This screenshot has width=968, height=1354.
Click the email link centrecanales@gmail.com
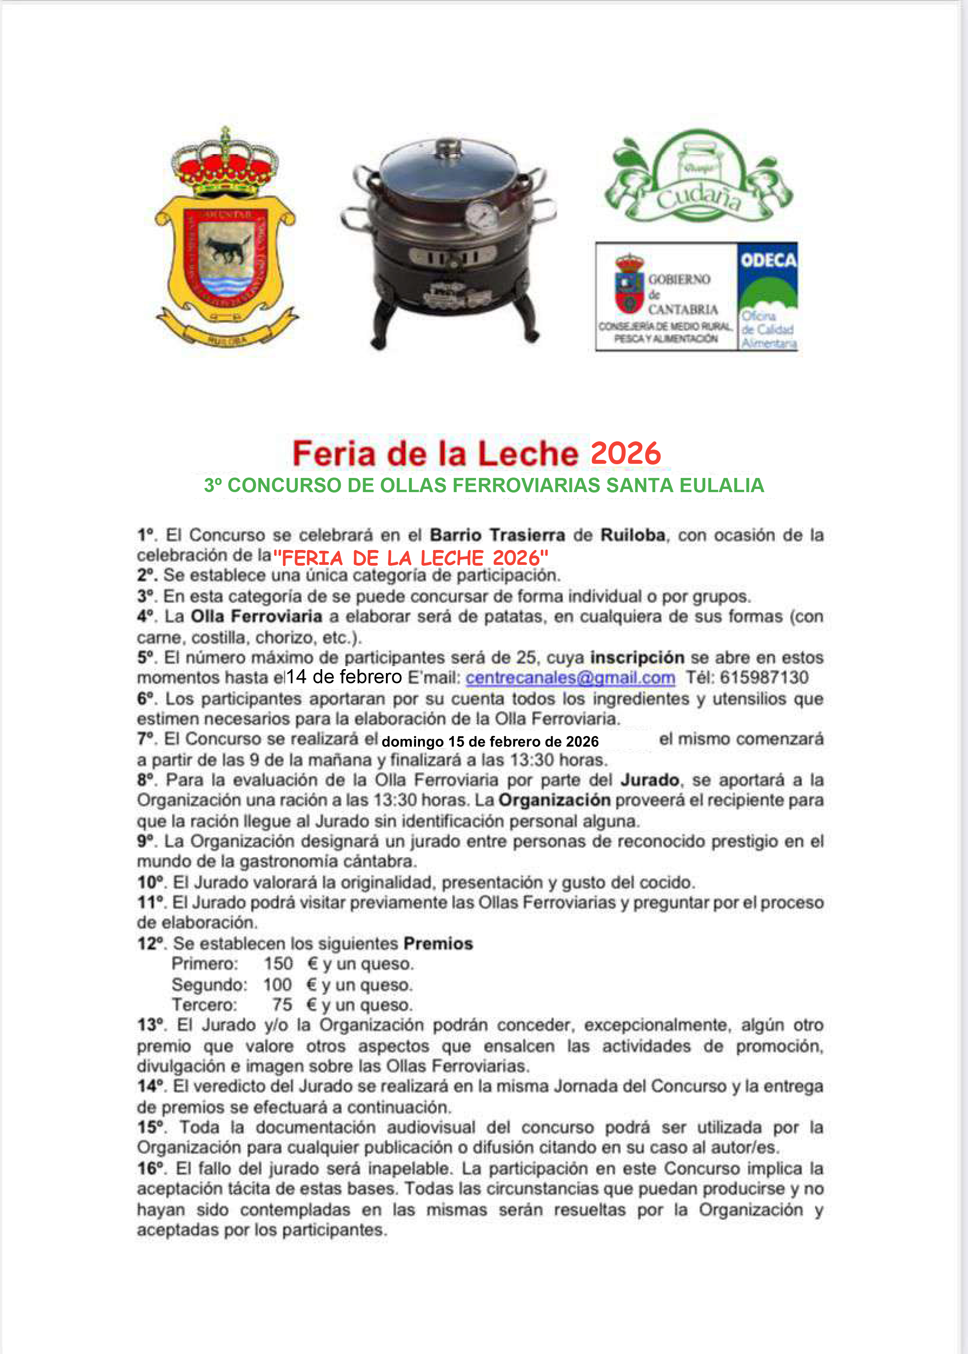(570, 678)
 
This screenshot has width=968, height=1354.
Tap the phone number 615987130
(763, 678)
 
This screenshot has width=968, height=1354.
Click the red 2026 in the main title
(625, 454)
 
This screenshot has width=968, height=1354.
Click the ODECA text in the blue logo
(768, 260)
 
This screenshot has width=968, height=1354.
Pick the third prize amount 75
(282, 1005)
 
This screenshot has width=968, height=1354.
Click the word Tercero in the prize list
(204, 1005)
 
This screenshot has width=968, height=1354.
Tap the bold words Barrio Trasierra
(497, 535)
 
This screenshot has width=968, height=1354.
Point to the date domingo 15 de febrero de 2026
(490, 742)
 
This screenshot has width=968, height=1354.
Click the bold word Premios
(438, 943)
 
